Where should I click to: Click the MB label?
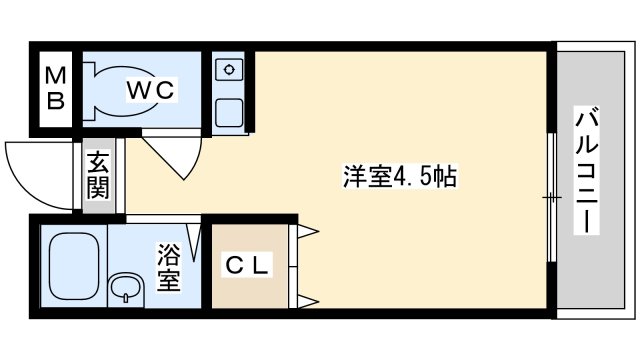click(x=56, y=88)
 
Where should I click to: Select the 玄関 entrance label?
click(x=98, y=176)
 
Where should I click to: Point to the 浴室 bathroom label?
click(x=168, y=268)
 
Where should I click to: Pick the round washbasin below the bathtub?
click(x=125, y=289)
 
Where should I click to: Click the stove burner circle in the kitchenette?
click(x=230, y=69)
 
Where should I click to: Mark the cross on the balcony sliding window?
click(x=551, y=198)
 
